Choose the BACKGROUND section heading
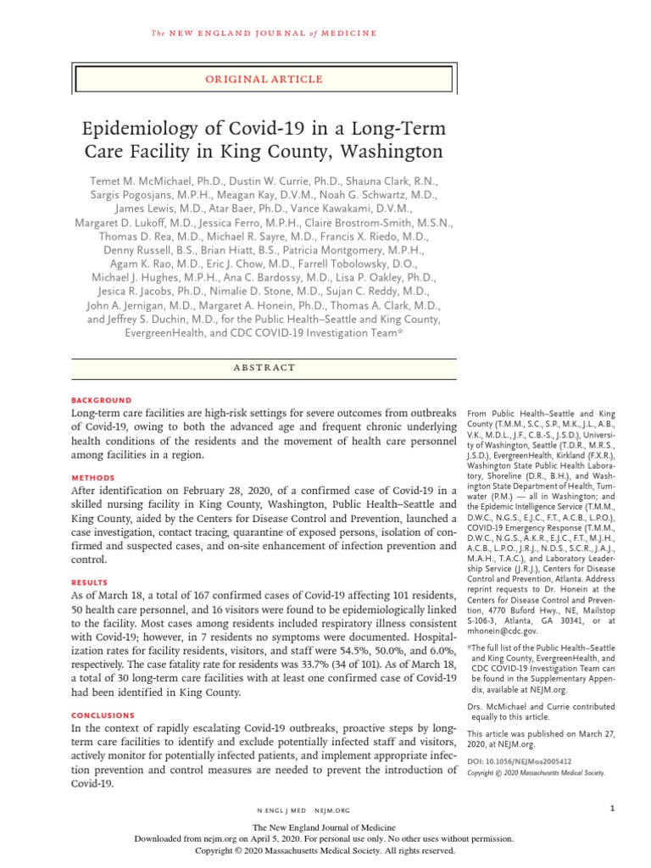pos(101,400)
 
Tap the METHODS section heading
pos(92,478)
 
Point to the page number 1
pos(611,809)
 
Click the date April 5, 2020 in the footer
pos(304,838)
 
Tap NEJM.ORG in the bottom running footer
pos(332,810)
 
